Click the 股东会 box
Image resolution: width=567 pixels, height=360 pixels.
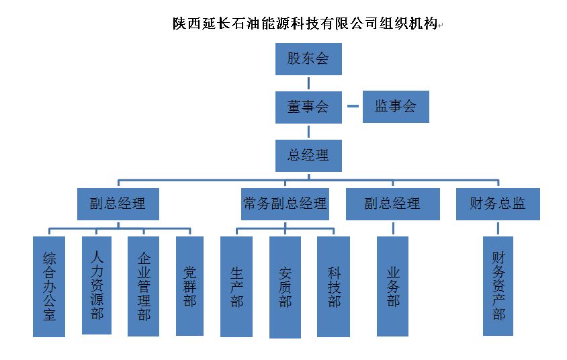pos(308,58)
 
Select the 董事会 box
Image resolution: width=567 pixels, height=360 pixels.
pos(308,107)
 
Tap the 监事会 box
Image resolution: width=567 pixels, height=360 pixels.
pos(396,107)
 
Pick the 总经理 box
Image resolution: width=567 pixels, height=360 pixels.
pos(308,155)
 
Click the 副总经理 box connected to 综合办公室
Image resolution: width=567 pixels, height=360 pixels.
pos(118,204)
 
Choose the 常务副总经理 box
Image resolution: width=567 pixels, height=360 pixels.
pos(285,204)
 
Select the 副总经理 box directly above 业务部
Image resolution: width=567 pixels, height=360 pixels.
pos(392,204)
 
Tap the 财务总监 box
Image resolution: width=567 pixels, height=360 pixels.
pos(498,204)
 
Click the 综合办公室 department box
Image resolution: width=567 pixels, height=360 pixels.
pos(49,286)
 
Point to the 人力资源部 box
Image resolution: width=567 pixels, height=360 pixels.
pos(97,285)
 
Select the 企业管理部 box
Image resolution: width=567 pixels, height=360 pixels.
pos(143,286)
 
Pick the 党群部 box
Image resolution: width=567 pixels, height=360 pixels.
pos(189,285)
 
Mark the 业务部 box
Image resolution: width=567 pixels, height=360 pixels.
pos(393,286)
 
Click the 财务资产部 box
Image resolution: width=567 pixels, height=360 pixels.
pos(498,286)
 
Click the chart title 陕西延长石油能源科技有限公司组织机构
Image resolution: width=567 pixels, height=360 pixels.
pos(304,25)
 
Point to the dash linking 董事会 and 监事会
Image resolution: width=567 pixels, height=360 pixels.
pos(353,107)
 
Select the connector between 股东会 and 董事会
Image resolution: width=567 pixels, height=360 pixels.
pos(308,83)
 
